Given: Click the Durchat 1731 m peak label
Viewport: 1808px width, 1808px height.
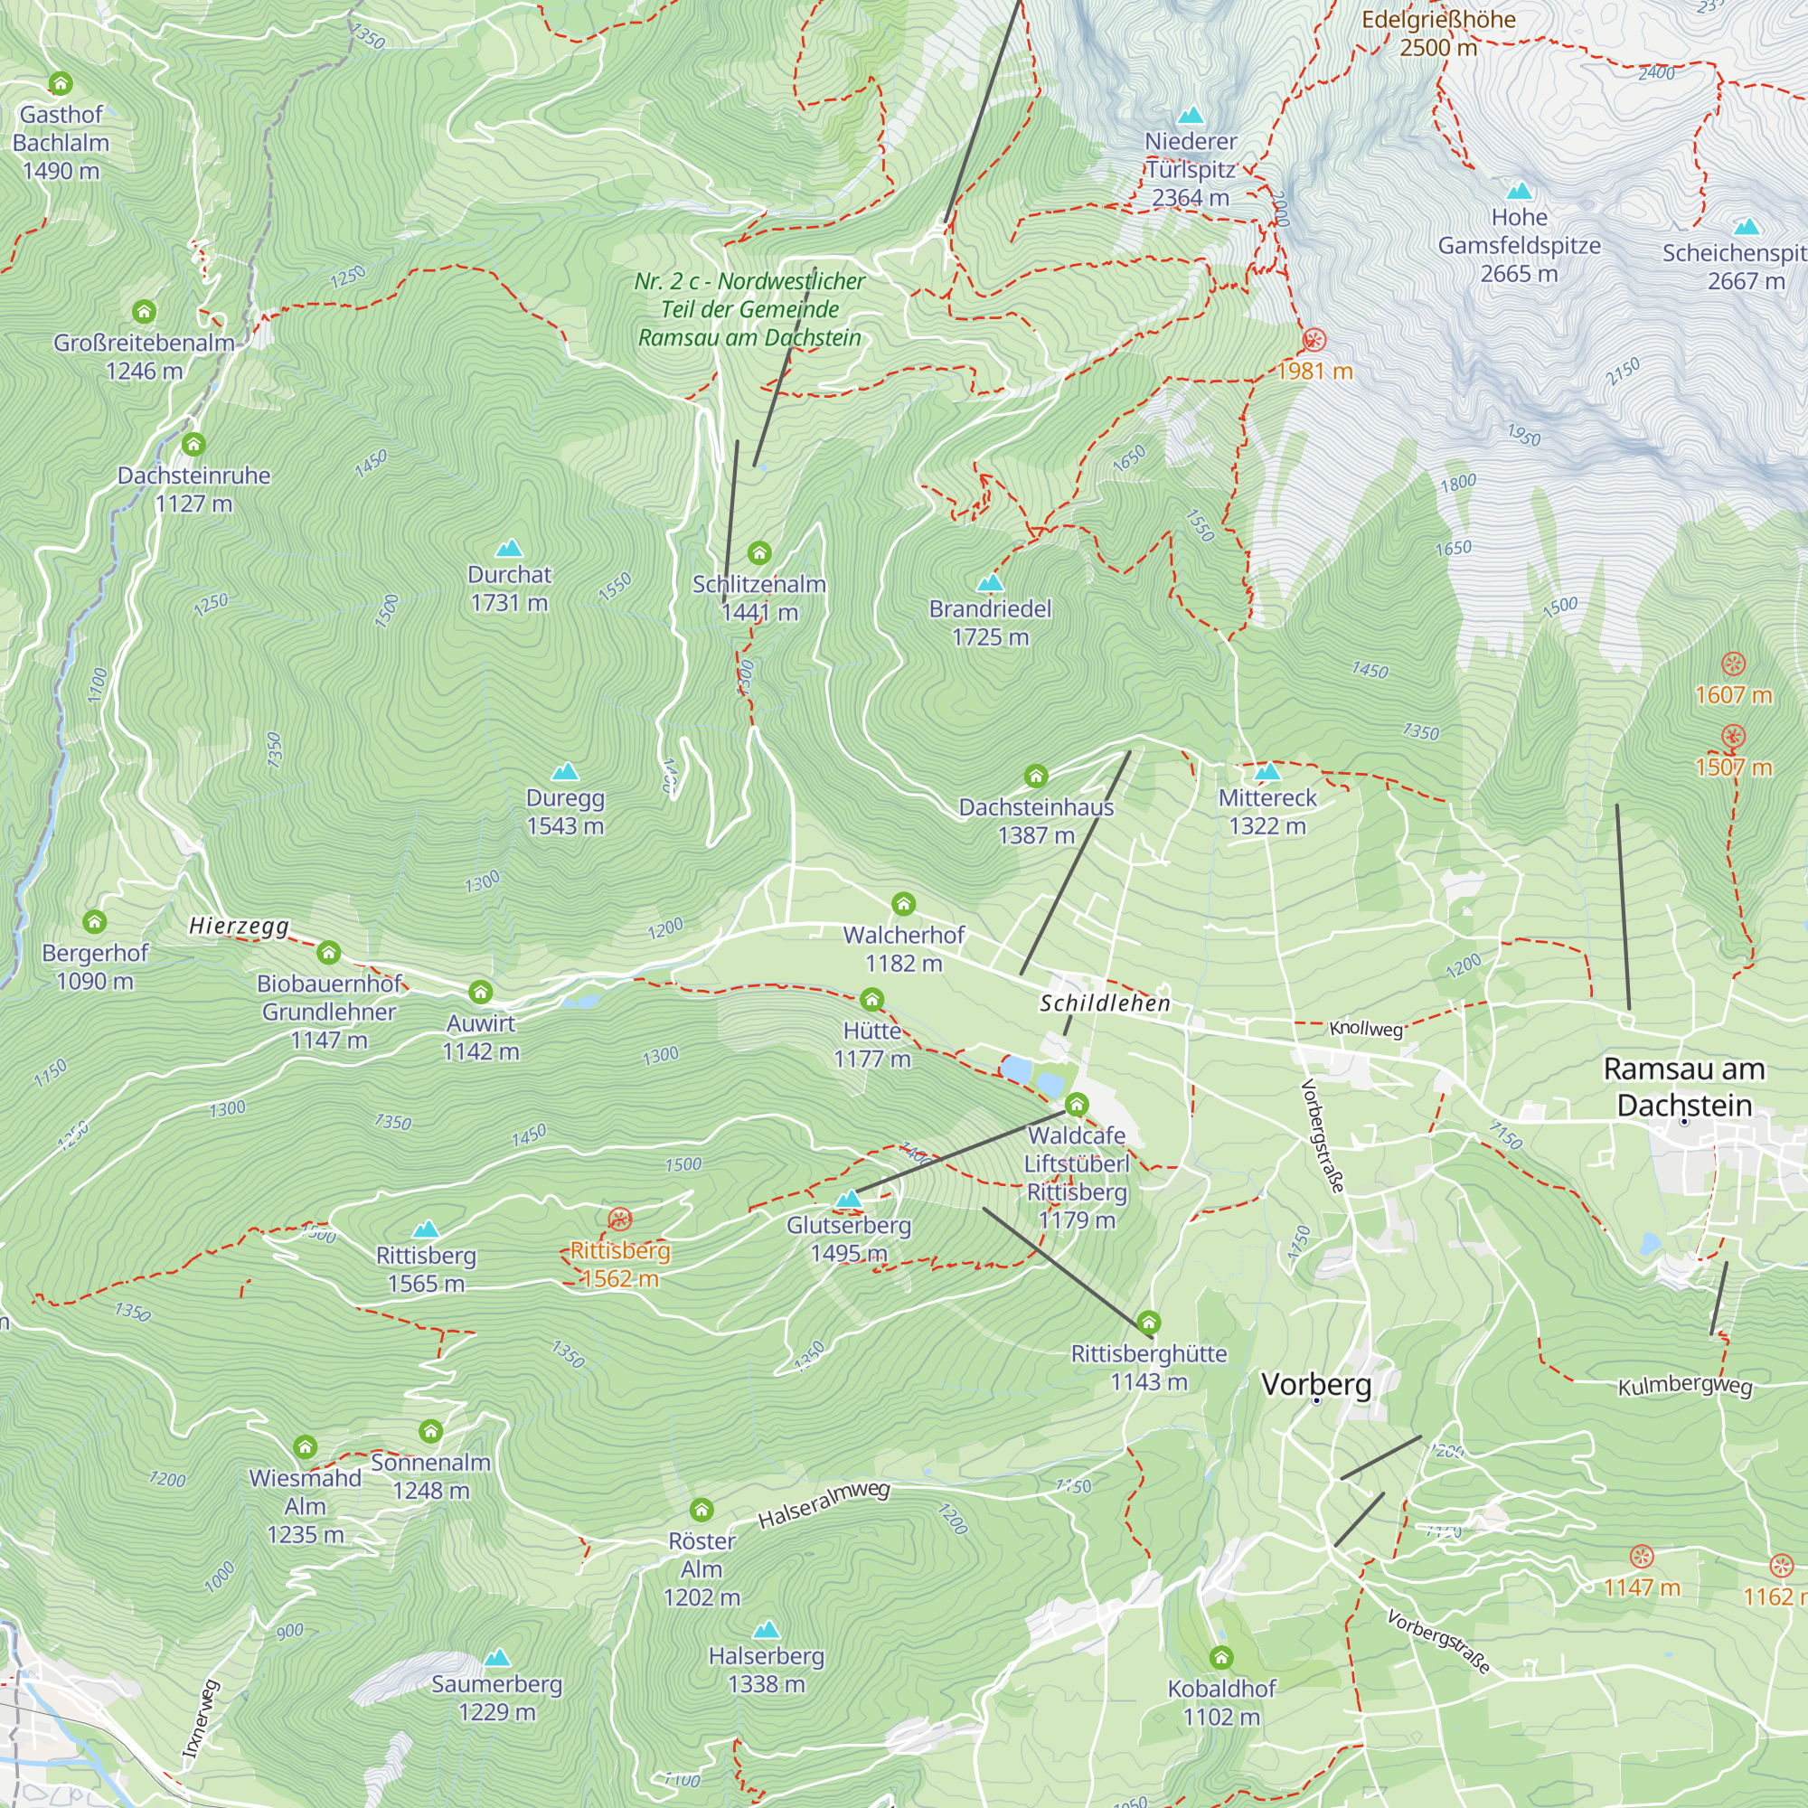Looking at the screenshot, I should (x=509, y=589).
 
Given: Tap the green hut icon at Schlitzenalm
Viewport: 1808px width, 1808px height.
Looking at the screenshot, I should (x=759, y=553).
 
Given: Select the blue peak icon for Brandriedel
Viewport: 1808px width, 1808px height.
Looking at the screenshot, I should (x=990, y=584).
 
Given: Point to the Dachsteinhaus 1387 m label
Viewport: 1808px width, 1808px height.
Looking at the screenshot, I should (x=1036, y=821).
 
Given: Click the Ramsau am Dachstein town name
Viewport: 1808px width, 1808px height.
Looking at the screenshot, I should (x=1683, y=1087).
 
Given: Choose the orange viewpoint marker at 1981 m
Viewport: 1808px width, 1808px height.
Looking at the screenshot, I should (x=1314, y=340).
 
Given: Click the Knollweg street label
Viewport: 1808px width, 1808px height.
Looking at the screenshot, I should (x=1365, y=1030).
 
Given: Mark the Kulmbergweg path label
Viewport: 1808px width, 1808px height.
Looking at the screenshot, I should (x=1684, y=1386).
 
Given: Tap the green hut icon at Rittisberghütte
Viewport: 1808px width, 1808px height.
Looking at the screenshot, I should (x=1148, y=1323).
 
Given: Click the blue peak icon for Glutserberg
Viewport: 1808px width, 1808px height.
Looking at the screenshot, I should (x=848, y=1200).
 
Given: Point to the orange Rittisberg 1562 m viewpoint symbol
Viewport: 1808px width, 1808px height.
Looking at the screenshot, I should (x=619, y=1219).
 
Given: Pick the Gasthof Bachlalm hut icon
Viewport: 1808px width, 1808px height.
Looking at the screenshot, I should (x=61, y=84).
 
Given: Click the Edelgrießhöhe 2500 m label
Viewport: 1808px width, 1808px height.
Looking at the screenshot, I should (x=1438, y=33).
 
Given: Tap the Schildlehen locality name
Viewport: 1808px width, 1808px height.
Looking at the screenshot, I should (x=1106, y=1004).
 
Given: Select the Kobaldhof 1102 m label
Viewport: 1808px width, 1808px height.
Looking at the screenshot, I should (x=1221, y=1702).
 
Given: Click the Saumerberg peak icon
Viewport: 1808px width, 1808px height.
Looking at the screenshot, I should (x=497, y=1658).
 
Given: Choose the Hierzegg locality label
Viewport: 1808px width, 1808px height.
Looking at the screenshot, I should (x=239, y=927).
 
